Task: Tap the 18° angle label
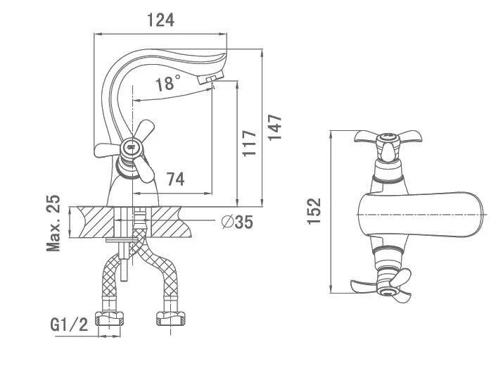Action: point(167,84)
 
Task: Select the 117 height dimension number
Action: point(246,144)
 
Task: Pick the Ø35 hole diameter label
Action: point(236,222)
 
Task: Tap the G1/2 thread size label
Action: point(69,325)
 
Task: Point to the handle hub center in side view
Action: point(128,148)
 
